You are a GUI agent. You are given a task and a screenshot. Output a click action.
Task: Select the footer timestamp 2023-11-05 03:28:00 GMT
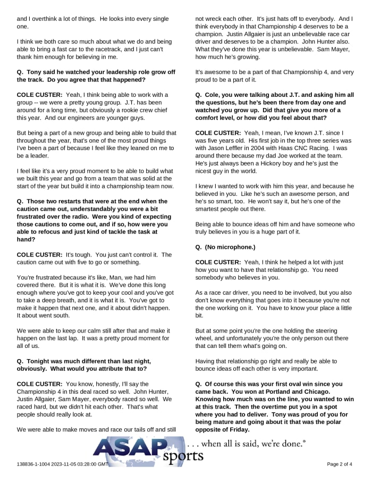tap(80, 464)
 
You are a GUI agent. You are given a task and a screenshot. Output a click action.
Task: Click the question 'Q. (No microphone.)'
tap(225, 247)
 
